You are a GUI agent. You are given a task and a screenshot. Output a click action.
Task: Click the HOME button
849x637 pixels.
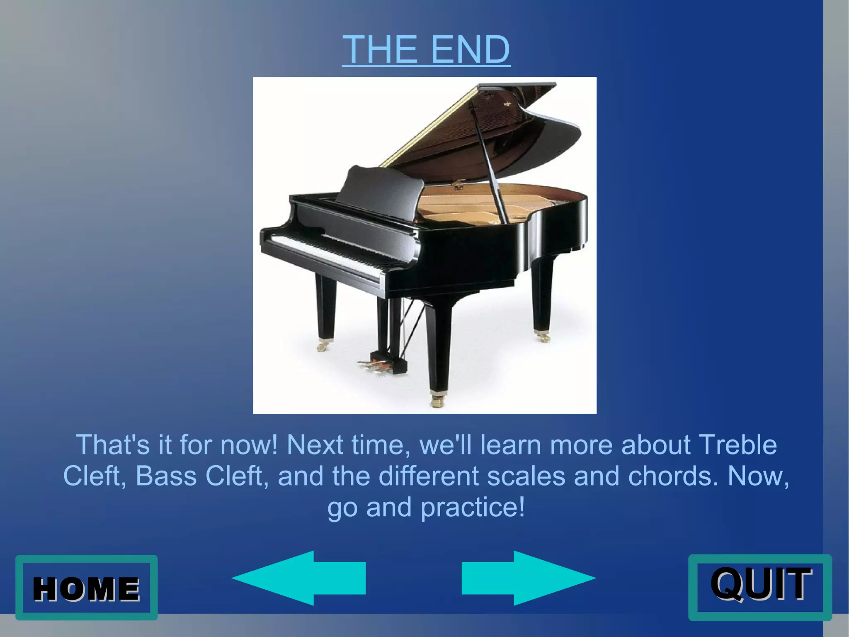86,588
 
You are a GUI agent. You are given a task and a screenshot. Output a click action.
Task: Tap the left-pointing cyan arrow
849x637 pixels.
298,578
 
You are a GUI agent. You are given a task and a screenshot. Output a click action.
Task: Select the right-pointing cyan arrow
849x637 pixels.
529,578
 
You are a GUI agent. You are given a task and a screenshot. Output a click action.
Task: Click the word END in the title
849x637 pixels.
470,49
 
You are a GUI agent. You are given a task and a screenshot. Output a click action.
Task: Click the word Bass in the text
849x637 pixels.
166,476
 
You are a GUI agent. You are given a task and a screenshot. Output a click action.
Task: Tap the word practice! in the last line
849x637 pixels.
473,508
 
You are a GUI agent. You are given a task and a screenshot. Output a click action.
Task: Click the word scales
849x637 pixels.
526,476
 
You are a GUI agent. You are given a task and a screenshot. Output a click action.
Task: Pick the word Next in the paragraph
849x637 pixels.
315,445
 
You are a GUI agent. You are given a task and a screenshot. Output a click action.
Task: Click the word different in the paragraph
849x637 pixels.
429,476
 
